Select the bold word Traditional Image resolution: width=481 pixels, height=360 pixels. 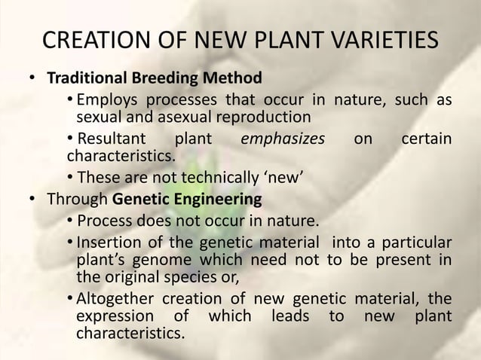[86, 78]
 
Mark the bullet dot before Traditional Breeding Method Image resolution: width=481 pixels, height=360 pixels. [32, 78]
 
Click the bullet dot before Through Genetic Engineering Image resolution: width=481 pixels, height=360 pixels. [32, 200]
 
